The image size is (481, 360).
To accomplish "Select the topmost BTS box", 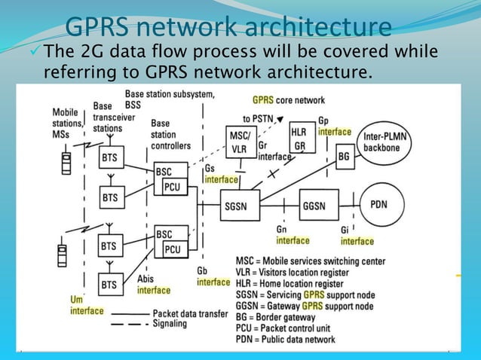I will click(109, 159).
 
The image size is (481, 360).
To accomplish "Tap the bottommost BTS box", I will click(109, 285).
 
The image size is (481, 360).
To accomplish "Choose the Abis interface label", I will click(153, 284).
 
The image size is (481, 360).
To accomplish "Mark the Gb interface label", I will click(213, 276).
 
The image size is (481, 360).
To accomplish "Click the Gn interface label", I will click(292, 235).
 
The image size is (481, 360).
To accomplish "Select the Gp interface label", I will click(333, 126).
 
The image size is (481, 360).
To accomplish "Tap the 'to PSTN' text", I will click(258, 118).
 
